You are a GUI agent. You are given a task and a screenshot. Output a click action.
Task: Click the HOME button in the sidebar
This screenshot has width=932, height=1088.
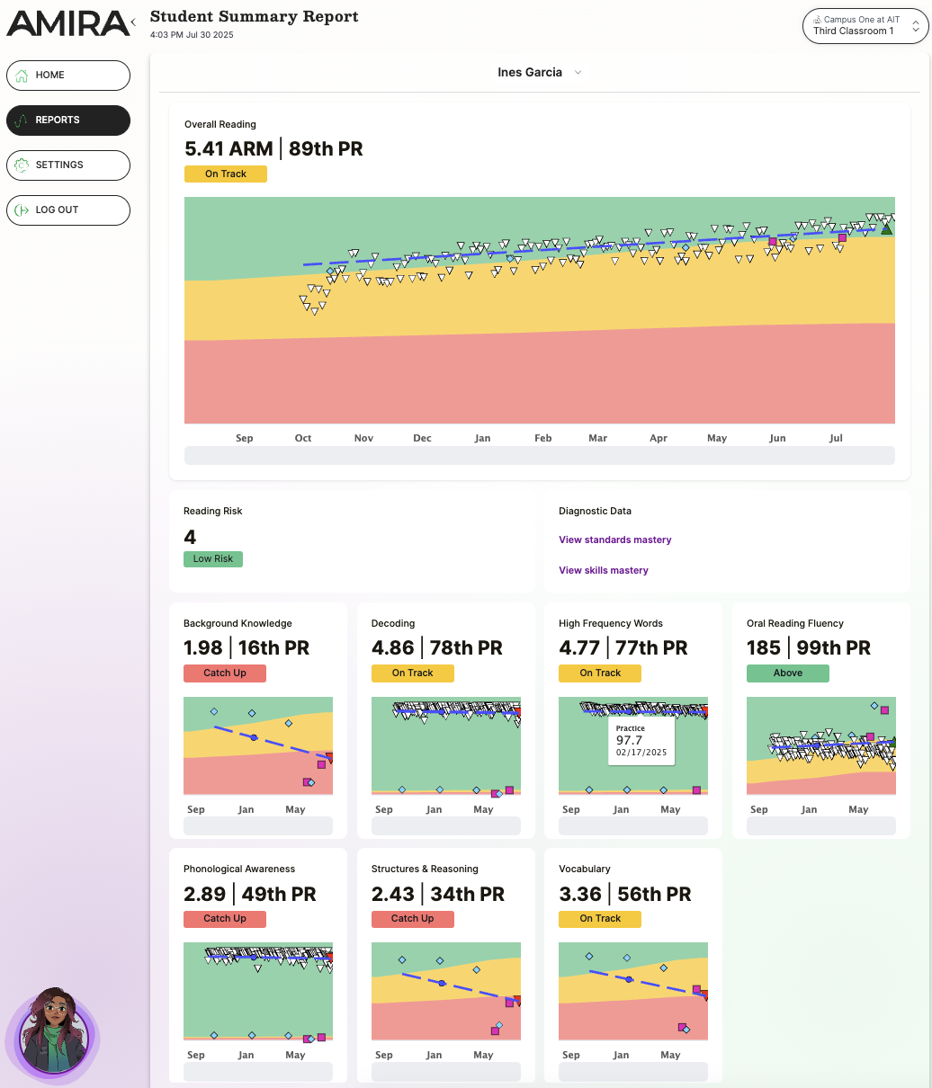(x=68, y=76)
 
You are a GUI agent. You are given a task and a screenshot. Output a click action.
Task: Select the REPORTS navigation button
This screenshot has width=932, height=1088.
(x=68, y=120)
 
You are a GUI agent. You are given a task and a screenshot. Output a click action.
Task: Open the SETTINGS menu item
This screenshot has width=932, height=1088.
(x=68, y=165)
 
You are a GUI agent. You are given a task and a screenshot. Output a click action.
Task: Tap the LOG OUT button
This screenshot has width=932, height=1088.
(x=68, y=210)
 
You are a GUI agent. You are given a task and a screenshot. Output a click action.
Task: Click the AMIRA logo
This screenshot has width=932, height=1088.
(x=67, y=23)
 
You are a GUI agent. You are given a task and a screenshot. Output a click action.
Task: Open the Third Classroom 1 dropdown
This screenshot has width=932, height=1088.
(x=865, y=26)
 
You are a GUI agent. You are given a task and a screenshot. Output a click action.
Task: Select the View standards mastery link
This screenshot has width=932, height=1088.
(x=615, y=540)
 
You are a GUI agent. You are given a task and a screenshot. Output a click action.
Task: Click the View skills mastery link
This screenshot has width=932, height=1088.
(x=604, y=571)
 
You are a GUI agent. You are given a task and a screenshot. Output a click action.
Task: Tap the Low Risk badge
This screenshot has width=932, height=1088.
(x=213, y=559)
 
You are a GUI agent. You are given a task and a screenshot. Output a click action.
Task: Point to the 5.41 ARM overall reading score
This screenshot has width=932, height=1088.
(x=229, y=149)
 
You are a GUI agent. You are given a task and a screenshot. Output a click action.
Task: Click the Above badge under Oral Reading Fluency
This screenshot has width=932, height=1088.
(x=787, y=673)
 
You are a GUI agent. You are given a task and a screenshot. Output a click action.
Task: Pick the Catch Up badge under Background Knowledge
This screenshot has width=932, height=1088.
(x=225, y=673)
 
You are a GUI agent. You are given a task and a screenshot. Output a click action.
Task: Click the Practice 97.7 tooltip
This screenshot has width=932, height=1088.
(x=641, y=741)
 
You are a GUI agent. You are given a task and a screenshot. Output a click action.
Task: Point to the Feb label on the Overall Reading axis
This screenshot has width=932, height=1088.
(x=542, y=439)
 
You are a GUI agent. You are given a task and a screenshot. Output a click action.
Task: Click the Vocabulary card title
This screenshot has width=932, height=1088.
(x=585, y=870)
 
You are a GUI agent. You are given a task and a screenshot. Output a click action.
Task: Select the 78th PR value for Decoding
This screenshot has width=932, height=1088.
(x=466, y=648)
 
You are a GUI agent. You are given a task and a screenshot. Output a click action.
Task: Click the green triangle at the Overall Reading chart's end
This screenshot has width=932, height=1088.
(x=886, y=229)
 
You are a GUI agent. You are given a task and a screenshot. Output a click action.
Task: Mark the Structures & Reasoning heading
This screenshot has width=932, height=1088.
(x=425, y=870)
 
